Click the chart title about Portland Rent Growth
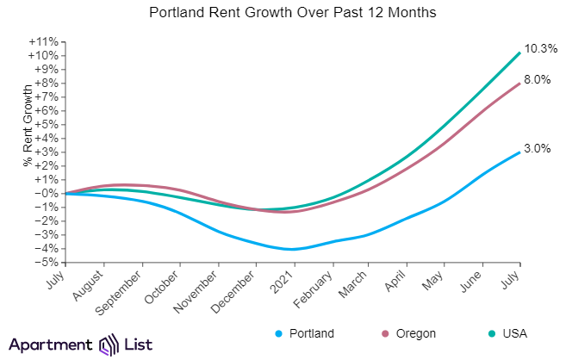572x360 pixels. pyautogui.click(x=285, y=14)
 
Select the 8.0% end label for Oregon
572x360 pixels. pyautogui.click(x=538, y=79)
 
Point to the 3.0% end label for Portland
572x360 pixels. pyautogui.click(x=538, y=149)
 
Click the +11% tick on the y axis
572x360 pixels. pyautogui.click(x=43, y=41)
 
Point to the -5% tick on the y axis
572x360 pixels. pyautogui.click(x=47, y=262)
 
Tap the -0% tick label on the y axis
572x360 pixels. pyautogui.click(x=47, y=193)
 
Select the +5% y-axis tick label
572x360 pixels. pyautogui.click(x=45, y=124)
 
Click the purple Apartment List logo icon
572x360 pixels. pyautogui.click(x=111, y=344)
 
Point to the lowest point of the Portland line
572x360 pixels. pyautogui.click(x=294, y=249)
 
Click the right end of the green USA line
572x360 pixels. pyautogui.click(x=519, y=53)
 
